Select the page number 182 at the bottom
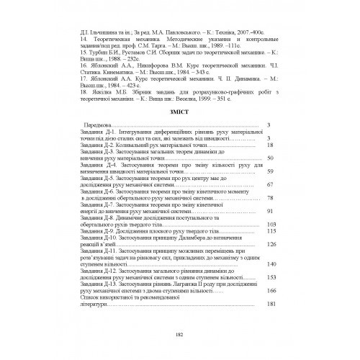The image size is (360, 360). [x=179, y=333]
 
